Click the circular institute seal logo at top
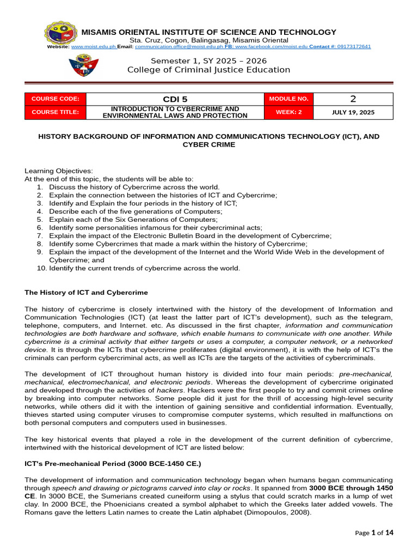(x=62, y=37)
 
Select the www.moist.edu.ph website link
(x=93, y=47)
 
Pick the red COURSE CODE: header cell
(x=56, y=99)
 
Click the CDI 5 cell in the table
(x=175, y=99)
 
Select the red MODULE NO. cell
(x=288, y=99)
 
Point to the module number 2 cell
(x=353, y=99)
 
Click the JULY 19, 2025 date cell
(x=353, y=112)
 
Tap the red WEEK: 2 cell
(x=288, y=112)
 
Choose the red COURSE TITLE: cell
(x=56, y=112)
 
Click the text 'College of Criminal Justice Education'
(x=208, y=70)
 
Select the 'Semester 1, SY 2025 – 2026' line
(x=208, y=60)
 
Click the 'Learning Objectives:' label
(x=58, y=171)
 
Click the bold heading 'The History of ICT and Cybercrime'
(x=86, y=293)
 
